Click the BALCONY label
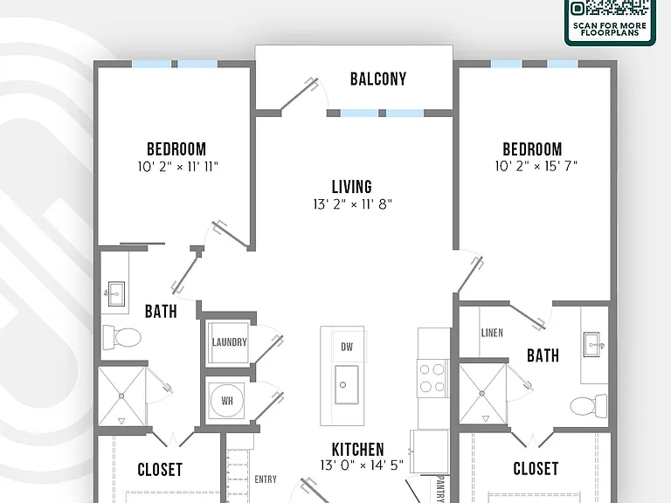click(x=377, y=79)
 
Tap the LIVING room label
click(x=352, y=187)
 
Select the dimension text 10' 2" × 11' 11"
click(x=177, y=167)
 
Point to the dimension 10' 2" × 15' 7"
click(x=536, y=166)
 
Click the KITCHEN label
click(x=357, y=450)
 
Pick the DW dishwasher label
click(x=347, y=347)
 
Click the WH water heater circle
click(x=227, y=400)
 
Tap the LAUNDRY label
click(x=230, y=342)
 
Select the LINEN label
click(x=492, y=333)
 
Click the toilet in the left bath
click(x=122, y=336)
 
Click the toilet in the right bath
click(x=589, y=406)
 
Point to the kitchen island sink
click(x=347, y=384)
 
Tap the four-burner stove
click(x=432, y=377)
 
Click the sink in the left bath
click(x=116, y=293)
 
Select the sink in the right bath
click(x=592, y=344)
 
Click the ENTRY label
click(x=266, y=479)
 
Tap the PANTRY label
click(x=440, y=487)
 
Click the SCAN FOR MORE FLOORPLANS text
click(x=609, y=29)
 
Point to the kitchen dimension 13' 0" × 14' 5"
click(x=362, y=465)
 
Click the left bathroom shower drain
click(x=121, y=396)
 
